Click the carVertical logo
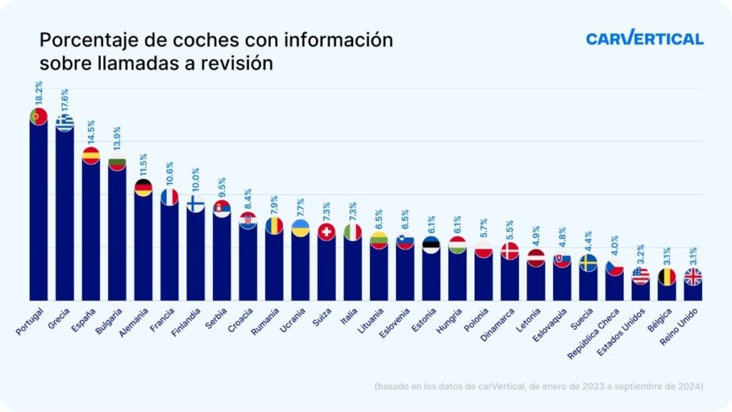pyautogui.click(x=644, y=39)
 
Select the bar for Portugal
pyautogui.click(x=38, y=211)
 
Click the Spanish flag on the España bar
pyautogui.click(x=91, y=155)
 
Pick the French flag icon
pyautogui.click(x=169, y=197)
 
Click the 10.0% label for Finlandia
pyautogui.click(x=196, y=182)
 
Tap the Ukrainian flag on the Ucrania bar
pyautogui.click(x=301, y=228)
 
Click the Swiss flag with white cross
pyautogui.click(x=327, y=232)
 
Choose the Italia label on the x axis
pyautogui.click(x=350, y=317)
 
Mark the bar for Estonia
pyautogui.click(x=431, y=275)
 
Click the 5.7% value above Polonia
pyautogui.click(x=484, y=228)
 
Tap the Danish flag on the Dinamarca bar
pyautogui.click(x=510, y=250)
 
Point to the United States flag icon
pyautogui.click(x=640, y=275)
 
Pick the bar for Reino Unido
pyautogui.click(x=693, y=290)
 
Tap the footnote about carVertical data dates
pyautogui.click(x=538, y=386)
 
